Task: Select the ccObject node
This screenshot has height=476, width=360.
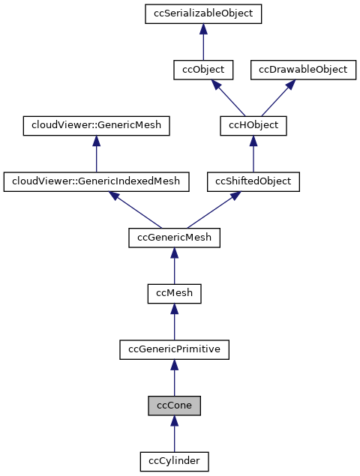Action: (x=203, y=70)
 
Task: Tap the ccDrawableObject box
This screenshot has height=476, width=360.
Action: (x=303, y=70)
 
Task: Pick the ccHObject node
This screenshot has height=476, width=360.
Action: (x=253, y=125)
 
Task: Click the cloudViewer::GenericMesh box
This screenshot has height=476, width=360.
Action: (x=96, y=125)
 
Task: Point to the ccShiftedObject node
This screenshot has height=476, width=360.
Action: (x=253, y=181)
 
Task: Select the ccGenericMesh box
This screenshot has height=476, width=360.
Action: (x=174, y=238)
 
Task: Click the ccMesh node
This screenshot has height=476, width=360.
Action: (x=174, y=293)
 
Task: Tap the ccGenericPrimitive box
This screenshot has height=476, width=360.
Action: (x=174, y=349)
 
